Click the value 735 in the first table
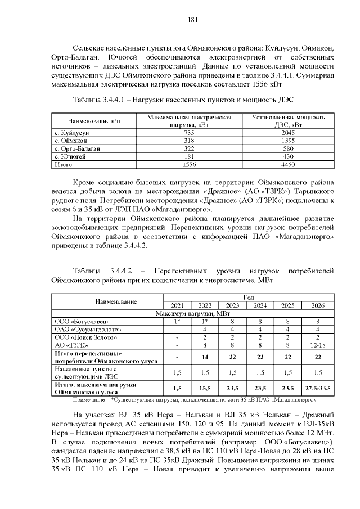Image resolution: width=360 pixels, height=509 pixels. coord(189,132)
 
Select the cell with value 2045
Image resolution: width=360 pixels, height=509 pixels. coord(288,132)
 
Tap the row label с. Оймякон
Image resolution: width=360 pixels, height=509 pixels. coord(70,140)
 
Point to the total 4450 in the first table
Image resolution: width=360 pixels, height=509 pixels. coord(288,164)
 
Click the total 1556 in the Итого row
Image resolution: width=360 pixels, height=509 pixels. coord(189,164)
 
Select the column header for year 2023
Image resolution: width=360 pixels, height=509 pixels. coord(233,305)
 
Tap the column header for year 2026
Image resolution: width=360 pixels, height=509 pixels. coord(318,305)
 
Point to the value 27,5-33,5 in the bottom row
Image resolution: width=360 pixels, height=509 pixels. coord(318,388)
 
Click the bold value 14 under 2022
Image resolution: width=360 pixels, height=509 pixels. coord(205,357)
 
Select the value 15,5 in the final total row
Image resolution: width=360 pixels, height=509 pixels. coord(205,388)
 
